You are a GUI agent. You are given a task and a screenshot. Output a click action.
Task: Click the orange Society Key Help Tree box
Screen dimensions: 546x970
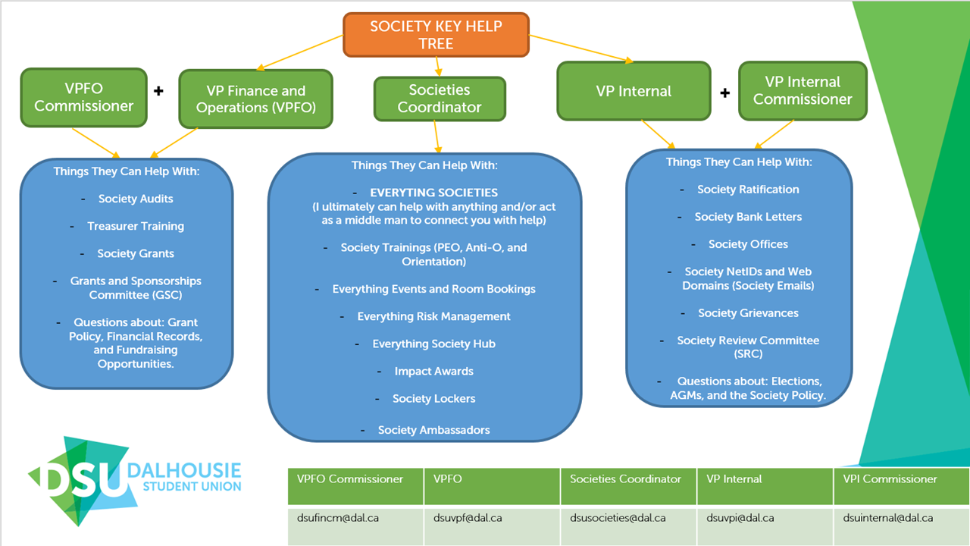pos(436,35)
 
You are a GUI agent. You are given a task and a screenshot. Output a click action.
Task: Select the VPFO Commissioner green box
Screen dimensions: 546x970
pos(83,98)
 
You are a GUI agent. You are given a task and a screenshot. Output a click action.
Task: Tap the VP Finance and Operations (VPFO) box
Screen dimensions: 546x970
pos(255,99)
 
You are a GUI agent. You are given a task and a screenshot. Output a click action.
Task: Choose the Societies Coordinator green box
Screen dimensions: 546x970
pos(440,99)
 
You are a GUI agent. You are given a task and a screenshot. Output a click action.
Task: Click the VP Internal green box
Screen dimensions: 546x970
pos(634,92)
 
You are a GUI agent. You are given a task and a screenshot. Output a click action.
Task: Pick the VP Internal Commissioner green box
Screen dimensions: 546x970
pos(803,91)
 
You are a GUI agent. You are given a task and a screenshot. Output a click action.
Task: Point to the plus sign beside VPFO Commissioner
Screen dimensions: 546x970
pos(158,91)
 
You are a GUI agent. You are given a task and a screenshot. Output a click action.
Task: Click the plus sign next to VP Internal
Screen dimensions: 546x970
pos(724,93)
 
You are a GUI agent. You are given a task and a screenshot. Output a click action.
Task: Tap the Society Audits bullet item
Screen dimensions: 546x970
pos(136,199)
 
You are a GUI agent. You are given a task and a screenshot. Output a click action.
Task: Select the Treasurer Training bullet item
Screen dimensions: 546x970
pos(136,226)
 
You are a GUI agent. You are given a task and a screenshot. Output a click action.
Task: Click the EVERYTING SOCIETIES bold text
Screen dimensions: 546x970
pos(433,193)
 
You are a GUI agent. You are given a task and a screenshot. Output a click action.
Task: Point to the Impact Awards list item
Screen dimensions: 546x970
pos(433,372)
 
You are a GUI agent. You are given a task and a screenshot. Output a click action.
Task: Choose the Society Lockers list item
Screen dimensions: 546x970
pos(433,399)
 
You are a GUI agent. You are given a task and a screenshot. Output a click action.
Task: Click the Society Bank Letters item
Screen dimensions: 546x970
pos(748,217)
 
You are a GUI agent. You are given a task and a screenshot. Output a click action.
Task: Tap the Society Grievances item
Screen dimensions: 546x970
pos(748,313)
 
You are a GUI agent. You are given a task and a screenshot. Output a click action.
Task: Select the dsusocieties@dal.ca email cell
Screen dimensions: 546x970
pos(618,518)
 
